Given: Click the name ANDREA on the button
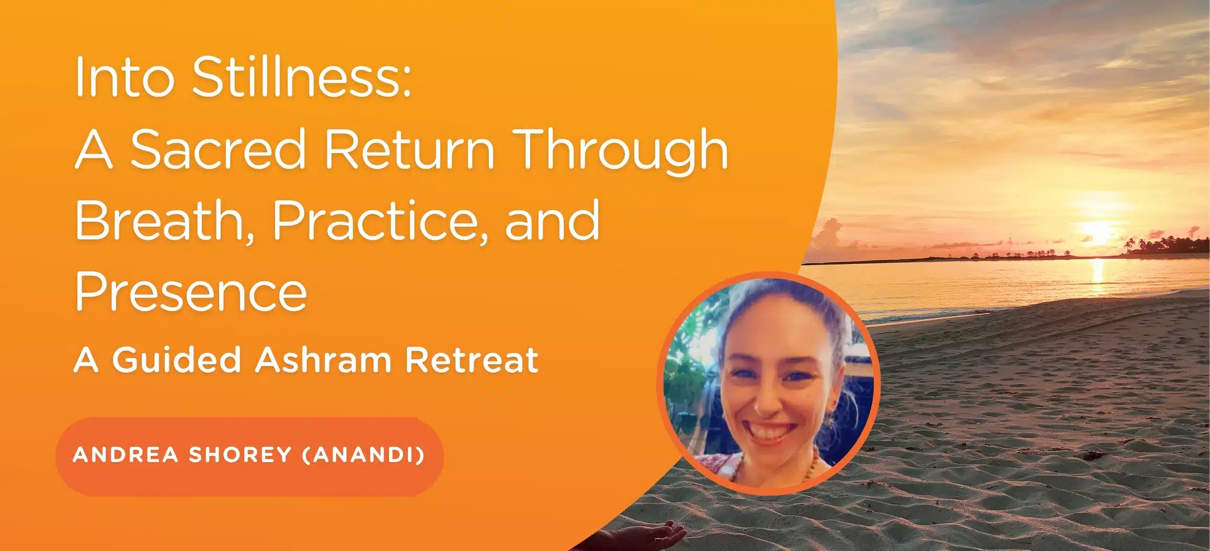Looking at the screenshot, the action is point(126,455).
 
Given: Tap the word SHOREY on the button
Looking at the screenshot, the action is point(240,455).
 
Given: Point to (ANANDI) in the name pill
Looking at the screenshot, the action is point(364,455).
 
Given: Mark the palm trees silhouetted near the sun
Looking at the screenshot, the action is point(1166,246).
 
